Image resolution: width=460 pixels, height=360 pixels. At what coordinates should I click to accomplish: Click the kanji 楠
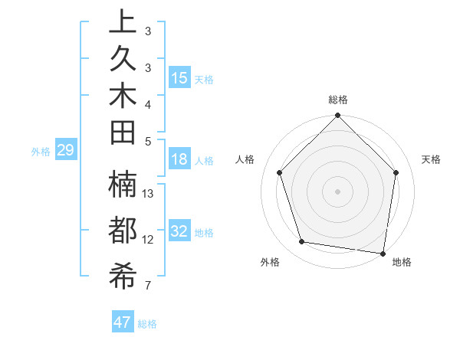[x=123, y=184]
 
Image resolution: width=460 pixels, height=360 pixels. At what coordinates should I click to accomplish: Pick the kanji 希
[x=123, y=277]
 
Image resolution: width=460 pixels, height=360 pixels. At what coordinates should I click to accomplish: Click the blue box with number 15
[x=179, y=78]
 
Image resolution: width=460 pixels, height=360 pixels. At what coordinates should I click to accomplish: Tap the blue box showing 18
[x=179, y=159]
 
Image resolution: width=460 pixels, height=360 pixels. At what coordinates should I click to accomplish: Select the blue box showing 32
[x=179, y=231]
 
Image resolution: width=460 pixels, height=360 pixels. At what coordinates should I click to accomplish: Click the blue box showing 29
[x=66, y=151]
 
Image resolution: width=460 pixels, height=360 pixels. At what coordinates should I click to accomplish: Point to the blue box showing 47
[x=123, y=322]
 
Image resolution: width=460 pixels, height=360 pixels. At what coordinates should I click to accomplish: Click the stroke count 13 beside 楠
[x=149, y=194]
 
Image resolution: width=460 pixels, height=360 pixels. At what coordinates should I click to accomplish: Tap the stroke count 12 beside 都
[x=149, y=240]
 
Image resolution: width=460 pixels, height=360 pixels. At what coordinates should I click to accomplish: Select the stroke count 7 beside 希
[x=147, y=286]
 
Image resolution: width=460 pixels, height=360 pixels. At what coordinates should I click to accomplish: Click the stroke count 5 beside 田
[x=147, y=140]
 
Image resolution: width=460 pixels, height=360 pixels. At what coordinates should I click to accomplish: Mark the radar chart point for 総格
[x=337, y=117]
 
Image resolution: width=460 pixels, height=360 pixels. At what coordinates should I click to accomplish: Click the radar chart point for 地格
[x=383, y=252]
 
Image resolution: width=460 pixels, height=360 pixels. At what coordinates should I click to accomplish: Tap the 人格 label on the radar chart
[x=245, y=159]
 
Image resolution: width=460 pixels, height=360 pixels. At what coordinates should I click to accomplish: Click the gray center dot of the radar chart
[x=337, y=191]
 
